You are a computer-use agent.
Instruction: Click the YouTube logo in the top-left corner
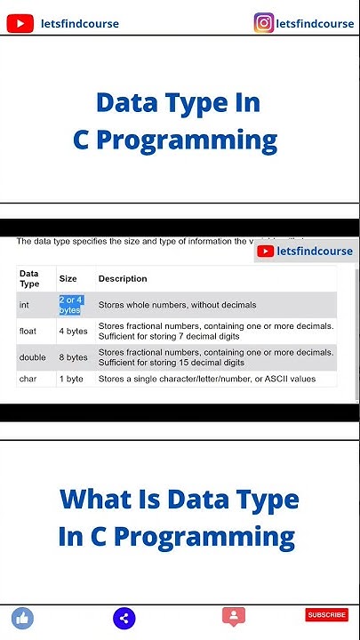pyautogui.click(x=20, y=23)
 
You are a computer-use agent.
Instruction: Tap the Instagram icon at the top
pyautogui.click(x=264, y=22)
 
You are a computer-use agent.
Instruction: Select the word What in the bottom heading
pyautogui.click(x=99, y=499)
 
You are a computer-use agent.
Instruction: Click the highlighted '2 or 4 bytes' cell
pyautogui.click(x=71, y=305)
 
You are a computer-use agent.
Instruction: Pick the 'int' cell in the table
pyautogui.click(x=25, y=305)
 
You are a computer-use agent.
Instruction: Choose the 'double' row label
pyautogui.click(x=32, y=357)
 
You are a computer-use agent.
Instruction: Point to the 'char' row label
pyautogui.click(x=28, y=379)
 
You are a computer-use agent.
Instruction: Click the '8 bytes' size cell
pyautogui.click(x=73, y=357)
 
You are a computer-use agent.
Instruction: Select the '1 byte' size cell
pyautogui.click(x=71, y=379)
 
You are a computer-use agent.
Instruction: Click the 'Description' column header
pyautogui.click(x=123, y=278)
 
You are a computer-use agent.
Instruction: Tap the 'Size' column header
pyautogui.click(x=68, y=278)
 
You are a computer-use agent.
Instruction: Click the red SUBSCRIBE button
pyautogui.click(x=326, y=614)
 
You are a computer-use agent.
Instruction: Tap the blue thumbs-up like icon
pyautogui.click(x=22, y=617)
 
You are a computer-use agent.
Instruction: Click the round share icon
pyautogui.click(x=124, y=618)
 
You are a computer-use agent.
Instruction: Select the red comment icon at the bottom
pyautogui.click(x=234, y=616)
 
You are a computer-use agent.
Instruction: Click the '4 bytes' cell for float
pyautogui.click(x=73, y=332)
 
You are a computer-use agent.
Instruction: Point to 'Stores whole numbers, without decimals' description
pyautogui.click(x=177, y=305)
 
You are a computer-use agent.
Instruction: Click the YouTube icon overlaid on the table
pyautogui.click(x=266, y=252)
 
